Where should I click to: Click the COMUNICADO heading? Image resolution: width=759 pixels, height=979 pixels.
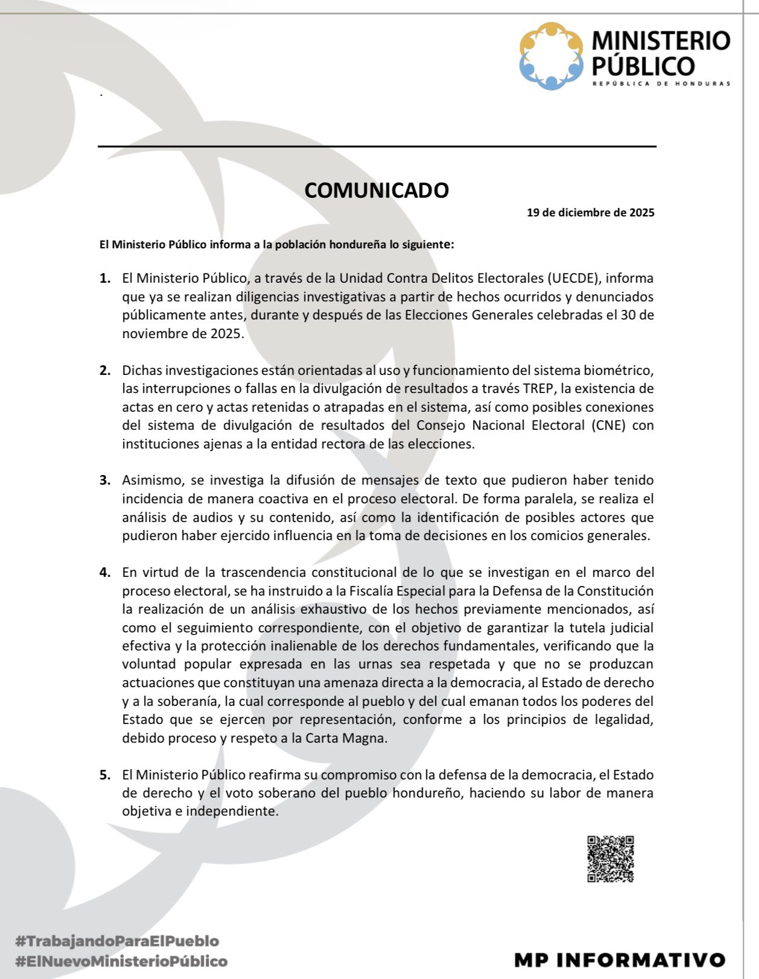(376, 190)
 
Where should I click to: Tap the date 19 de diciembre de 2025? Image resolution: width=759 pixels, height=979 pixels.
(590, 213)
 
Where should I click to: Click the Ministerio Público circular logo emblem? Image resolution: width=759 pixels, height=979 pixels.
(551, 56)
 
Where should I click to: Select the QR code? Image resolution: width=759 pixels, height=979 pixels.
(611, 858)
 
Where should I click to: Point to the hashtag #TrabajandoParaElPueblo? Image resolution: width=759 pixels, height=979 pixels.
(117, 940)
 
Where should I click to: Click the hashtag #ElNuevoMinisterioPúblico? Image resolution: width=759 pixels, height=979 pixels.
(121, 961)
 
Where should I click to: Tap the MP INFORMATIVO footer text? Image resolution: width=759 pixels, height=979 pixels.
(620, 960)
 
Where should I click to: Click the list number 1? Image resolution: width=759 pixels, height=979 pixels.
(105, 279)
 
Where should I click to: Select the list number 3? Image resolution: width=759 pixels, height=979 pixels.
(105, 480)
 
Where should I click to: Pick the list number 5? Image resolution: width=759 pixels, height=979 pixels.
(105, 775)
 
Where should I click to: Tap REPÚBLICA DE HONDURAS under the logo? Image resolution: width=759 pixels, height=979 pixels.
(661, 84)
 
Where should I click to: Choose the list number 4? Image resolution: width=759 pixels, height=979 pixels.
(105, 572)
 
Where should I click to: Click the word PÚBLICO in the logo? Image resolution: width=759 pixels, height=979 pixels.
(643, 66)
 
